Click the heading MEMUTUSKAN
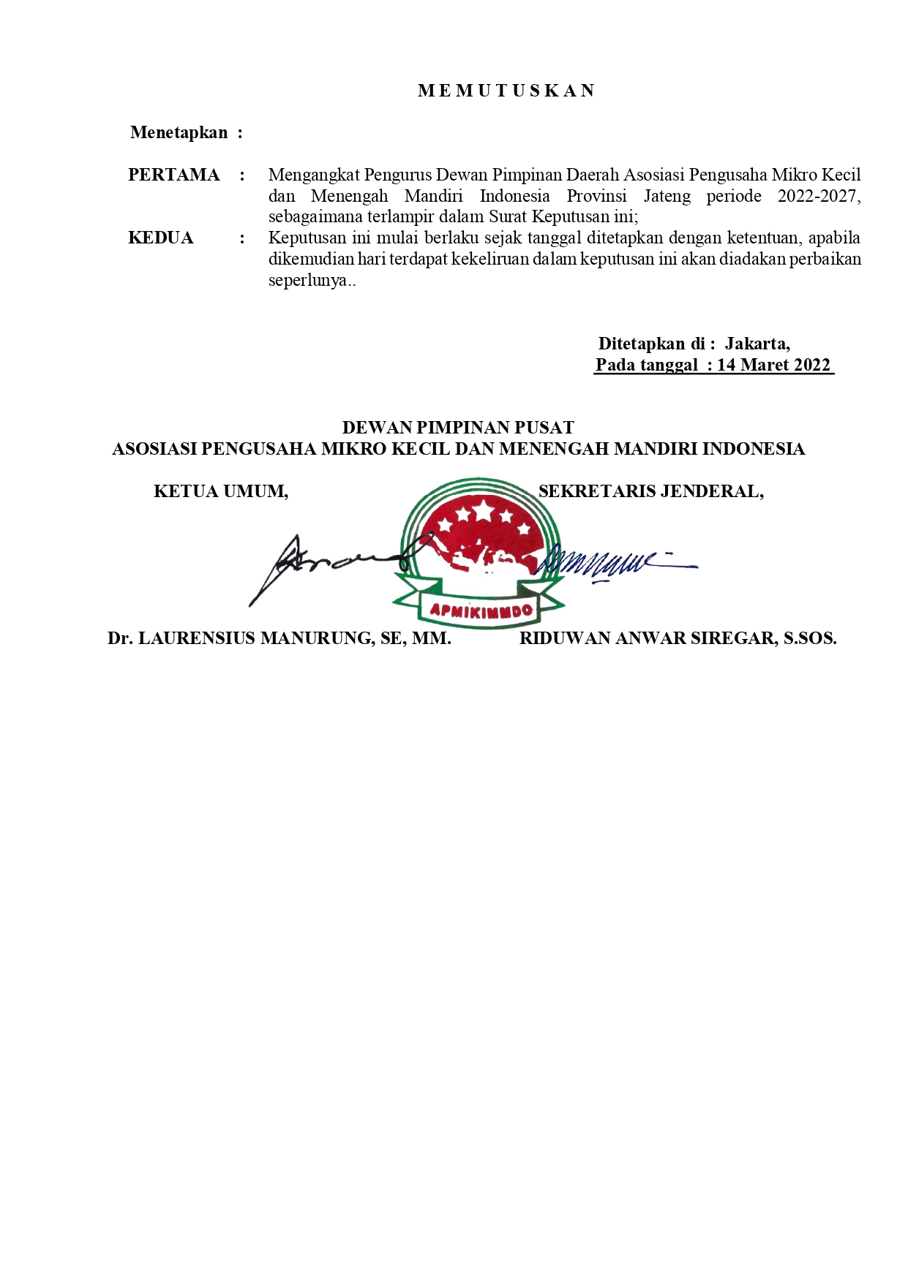click(x=506, y=91)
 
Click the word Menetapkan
click(x=179, y=132)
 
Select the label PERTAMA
click(x=173, y=175)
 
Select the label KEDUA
click(x=160, y=238)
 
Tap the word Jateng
click(x=667, y=196)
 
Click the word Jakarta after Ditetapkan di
click(x=757, y=344)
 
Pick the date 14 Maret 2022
click(x=773, y=365)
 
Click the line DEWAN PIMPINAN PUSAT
click(x=458, y=428)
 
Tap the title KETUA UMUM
click(x=221, y=491)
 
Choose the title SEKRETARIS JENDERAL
click(x=650, y=491)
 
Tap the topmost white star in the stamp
click(x=484, y=510)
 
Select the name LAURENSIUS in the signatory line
click(x=198, y=638)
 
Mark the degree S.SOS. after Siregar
click(x=810, y=638)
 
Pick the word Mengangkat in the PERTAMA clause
click(x=314, y=175)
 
